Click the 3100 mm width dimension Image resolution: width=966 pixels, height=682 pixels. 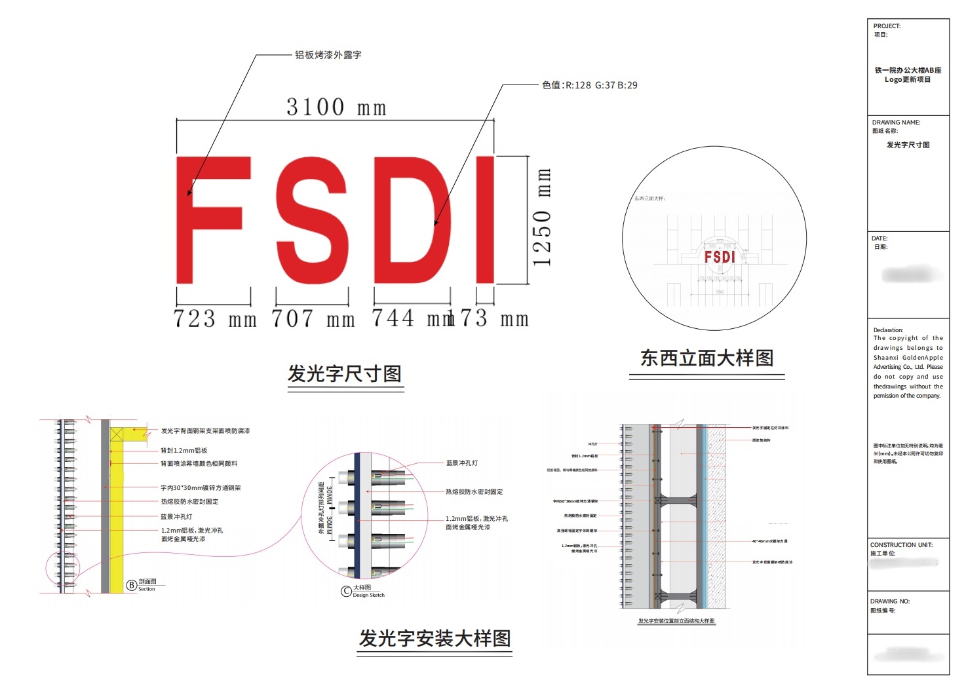pyautogui.click(x=336, y=107)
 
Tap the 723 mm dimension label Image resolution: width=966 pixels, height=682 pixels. pyautogui.click(x=214, y=319)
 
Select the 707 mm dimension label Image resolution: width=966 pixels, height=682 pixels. pyautogui.click(x=313, y=319)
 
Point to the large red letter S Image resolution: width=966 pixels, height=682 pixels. pyautogui.click(x=312, y=221)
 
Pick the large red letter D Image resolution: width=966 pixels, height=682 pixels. pyautogui.click(x=412, y=221)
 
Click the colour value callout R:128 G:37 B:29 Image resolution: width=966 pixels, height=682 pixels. pyautogui.click(x=589, y=85)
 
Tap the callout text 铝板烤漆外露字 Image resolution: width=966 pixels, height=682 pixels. pyautogui.click(x=328, y=55)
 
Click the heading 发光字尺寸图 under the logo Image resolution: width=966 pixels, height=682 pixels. pyautogui.click(x=345, y=374)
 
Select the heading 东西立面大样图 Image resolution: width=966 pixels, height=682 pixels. pyautogui.click(x=706, y=358)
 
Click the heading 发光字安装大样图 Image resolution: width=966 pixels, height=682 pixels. pyautogui.click(x=435, y=638)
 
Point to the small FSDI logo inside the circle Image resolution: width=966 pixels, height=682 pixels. pyautogui.click(x=720, y=257)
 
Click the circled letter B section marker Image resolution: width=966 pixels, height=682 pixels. pyautogui.click(x=132, y=585)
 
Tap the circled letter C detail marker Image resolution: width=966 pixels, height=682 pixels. pyautogui.click(x=346, y=591)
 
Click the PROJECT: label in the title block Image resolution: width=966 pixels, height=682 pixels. pyautogui.click(x=887, y=26)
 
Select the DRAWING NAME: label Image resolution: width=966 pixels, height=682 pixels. pyautogui.click(x=896, y=123)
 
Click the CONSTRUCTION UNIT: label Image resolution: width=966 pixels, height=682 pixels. pyautogui.click(x=900, y=545)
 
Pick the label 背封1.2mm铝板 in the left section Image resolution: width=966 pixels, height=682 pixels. pyautogui.click(x=184, y=451)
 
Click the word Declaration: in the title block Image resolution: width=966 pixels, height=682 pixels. pyautogui.click(x=888, y=330)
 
